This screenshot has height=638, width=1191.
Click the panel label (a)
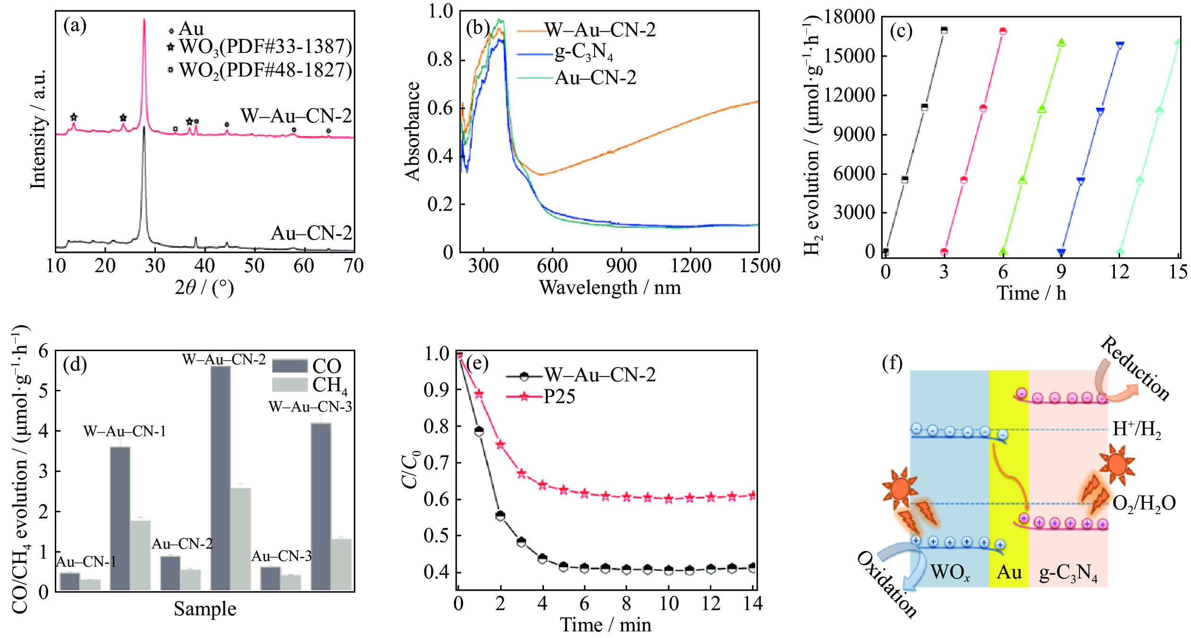75,26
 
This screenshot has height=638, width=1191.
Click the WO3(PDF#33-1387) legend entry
265,47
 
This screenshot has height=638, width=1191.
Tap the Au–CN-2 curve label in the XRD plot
311,233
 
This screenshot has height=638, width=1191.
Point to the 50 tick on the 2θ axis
254,266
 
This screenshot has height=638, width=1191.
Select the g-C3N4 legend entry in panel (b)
584,52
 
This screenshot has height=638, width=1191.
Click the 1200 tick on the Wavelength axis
690,266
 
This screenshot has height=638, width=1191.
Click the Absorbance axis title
413,131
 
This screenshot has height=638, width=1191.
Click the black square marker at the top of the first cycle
944,30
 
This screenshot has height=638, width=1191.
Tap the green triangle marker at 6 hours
1003,251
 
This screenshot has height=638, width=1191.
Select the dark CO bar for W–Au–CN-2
221,477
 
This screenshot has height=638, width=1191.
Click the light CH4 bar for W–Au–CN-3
341,564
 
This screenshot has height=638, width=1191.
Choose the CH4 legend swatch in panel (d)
289,385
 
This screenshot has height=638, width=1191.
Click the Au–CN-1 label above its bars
86,561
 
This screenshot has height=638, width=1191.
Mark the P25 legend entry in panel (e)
559,397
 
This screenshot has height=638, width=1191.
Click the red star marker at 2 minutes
500,445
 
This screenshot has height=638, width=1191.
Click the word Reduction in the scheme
1134,369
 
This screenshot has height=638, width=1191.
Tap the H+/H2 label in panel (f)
1137,429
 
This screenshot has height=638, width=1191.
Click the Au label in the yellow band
1009,572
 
